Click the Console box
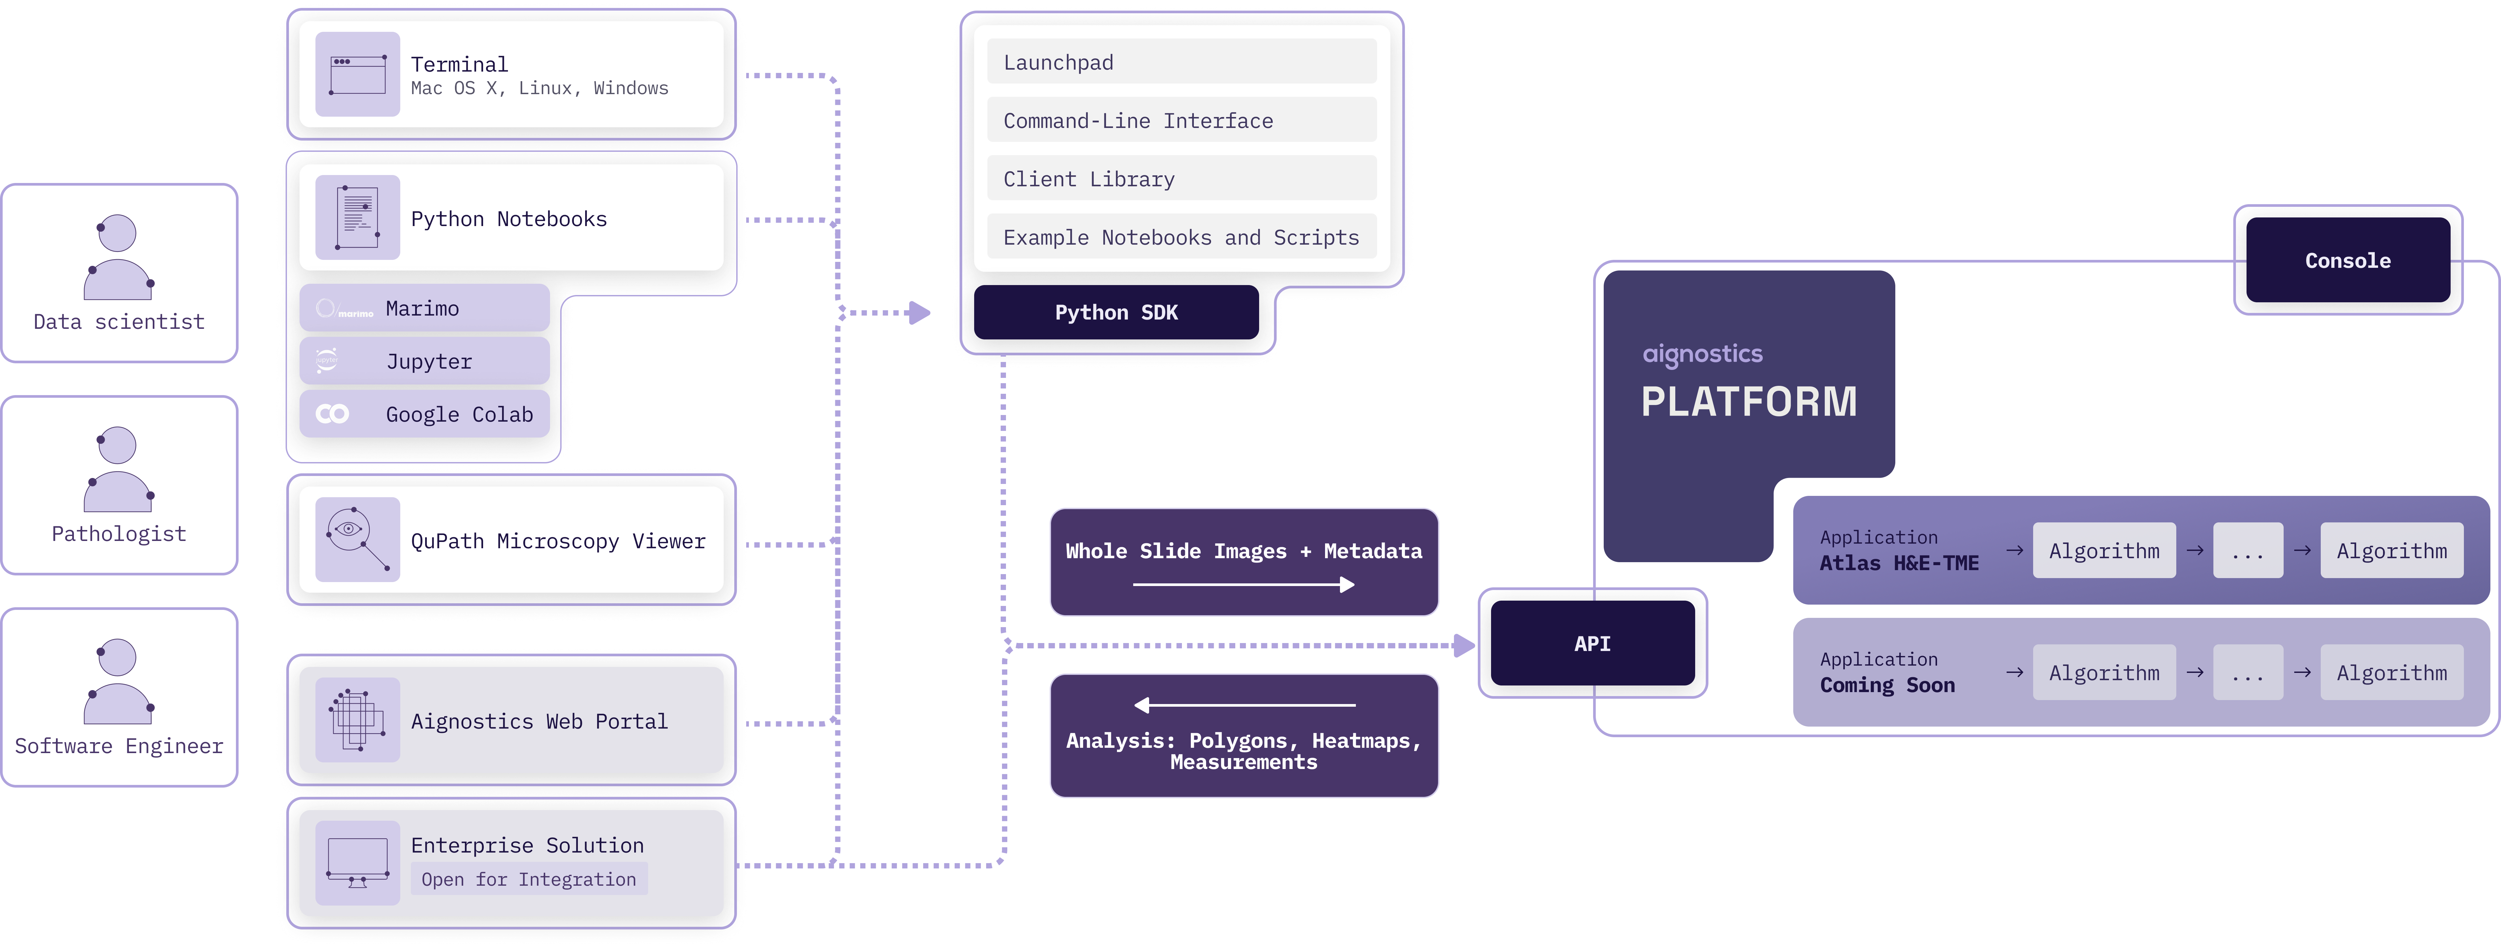click(x=2348, y=260)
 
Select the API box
click(x=1592, y=643)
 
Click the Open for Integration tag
click(x=528, y=879)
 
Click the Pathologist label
click(x=118, y=533)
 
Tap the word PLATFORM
click(x=1749, y=401)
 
